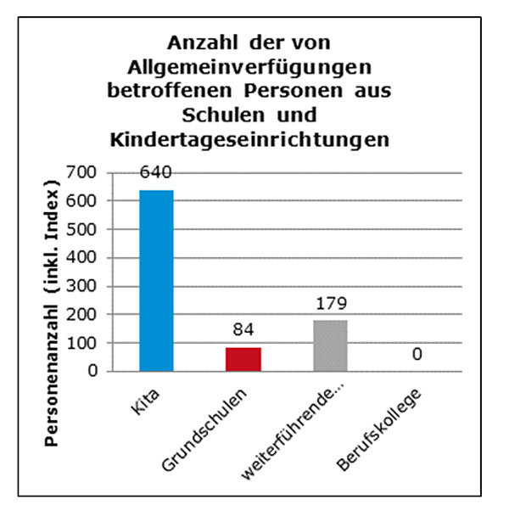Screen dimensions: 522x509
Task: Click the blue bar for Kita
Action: (x=156, y=280)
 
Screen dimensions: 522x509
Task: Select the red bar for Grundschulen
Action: (x=243, y=359)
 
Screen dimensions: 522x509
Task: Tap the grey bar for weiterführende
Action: (x=330, y=345)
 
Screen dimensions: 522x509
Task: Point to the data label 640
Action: (x=156, y=172)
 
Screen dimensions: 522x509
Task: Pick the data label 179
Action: (x=330, y=303)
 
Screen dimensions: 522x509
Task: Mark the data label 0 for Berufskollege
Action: (x=417, y=353)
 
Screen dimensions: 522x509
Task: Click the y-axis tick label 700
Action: (x=90, y=173)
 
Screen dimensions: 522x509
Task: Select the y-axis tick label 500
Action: (x=90, y=229)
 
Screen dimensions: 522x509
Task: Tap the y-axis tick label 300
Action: (x=90, y=286)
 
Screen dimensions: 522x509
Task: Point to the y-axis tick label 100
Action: (x=90, y=343)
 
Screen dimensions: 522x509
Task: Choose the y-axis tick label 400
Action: (x=90, y=258)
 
